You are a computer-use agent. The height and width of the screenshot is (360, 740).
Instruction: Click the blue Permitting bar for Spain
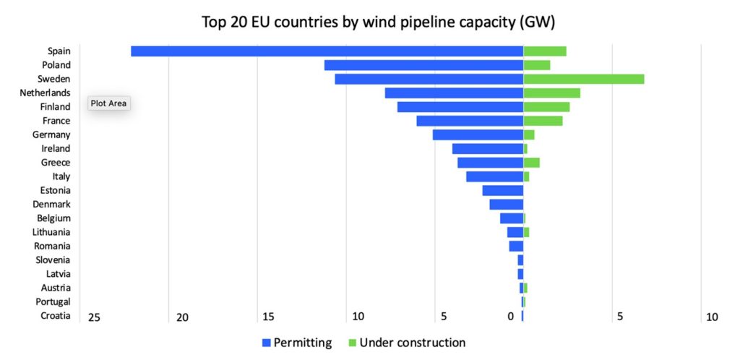pos(327,51)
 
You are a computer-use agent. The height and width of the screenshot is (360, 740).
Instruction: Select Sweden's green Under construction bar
pos(584,79)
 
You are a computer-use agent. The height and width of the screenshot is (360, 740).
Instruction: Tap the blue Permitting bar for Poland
pos(423,65)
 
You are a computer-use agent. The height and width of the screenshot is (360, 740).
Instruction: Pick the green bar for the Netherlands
pos(552,93)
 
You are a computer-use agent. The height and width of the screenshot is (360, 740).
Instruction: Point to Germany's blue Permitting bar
pos(478,135)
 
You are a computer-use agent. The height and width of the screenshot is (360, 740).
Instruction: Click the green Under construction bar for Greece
pos(532,163)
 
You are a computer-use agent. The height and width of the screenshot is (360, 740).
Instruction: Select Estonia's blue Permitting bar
pos(503,191)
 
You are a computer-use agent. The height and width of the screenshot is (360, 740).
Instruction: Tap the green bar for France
pos(543,121)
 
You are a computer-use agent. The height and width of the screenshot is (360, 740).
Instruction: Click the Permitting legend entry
pos(297,343)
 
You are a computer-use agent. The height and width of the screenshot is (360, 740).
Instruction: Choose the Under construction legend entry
pos(407,343)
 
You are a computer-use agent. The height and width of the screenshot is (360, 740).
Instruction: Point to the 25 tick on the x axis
pos(94,317)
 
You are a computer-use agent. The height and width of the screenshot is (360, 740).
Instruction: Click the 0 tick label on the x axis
pos(511,317)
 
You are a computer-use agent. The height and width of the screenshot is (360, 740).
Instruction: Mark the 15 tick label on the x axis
pos(268,317)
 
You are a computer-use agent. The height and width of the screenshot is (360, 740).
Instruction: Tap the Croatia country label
pos(56,316)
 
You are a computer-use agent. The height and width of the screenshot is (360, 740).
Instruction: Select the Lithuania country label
pos(51,232)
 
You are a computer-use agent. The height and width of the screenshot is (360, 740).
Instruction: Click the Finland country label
pos(55,107)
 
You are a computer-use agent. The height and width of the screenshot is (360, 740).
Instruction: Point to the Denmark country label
pos(52,205)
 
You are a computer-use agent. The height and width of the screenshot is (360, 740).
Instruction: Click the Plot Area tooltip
pos(109,103)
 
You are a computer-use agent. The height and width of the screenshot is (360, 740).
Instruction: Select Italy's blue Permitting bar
pos(495,176)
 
